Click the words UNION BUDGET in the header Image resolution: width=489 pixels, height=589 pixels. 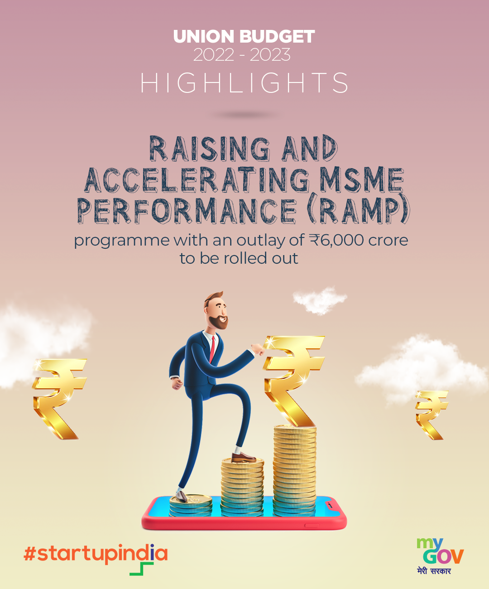pyautogui.click(x=244, y=36)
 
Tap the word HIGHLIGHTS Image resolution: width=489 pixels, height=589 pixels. pyautogui.click(x=244, y=82)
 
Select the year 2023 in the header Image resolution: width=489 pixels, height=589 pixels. pyautogui.click(x=270, y=55)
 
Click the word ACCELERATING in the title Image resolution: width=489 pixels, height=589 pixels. pyautogui.click(x=197, y=180)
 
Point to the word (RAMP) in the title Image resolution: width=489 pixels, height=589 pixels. pyautogui.click(x=358, y=210)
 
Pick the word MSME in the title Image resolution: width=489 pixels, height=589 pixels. pyautogui.click(x=362, y=180)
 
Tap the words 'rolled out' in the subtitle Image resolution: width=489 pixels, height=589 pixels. pyautogui.click(x=261, y=258)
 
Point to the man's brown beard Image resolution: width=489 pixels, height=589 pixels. pyautogui.click(x=219, y=322)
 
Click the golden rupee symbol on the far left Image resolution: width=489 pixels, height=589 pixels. pyautogui.click(x=59, y=399)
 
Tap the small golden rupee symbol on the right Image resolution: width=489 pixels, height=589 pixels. pyautogui.click(x=431, y=415)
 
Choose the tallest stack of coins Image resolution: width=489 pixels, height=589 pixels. pyautogui.click(x=295, y=471)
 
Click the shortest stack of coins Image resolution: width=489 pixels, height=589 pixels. pyautogui.click(x=191, y=506)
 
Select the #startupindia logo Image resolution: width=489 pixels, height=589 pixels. pyautogui.click(x=96, y=556)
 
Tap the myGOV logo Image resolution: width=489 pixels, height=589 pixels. pyautogui.click(x=440, y=551)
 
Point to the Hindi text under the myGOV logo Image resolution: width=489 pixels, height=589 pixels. pyautogui.click(x=434, y=571)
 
